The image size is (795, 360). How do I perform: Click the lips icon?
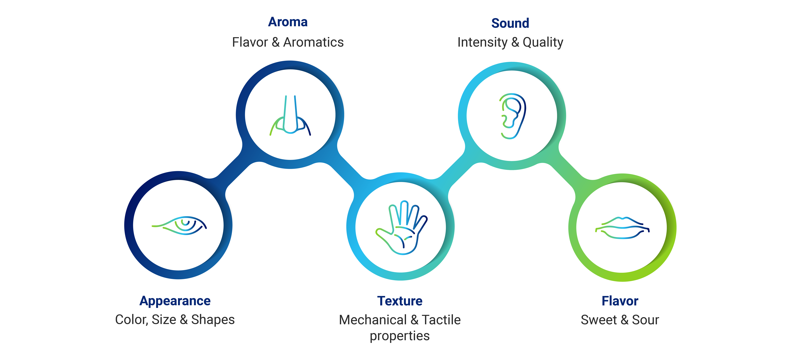(x=622, y=228)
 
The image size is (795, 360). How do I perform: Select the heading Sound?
(x=510, y=23)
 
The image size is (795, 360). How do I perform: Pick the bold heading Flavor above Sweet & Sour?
(x=620, y=301)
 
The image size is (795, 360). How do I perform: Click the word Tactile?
(x=441, y=320)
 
